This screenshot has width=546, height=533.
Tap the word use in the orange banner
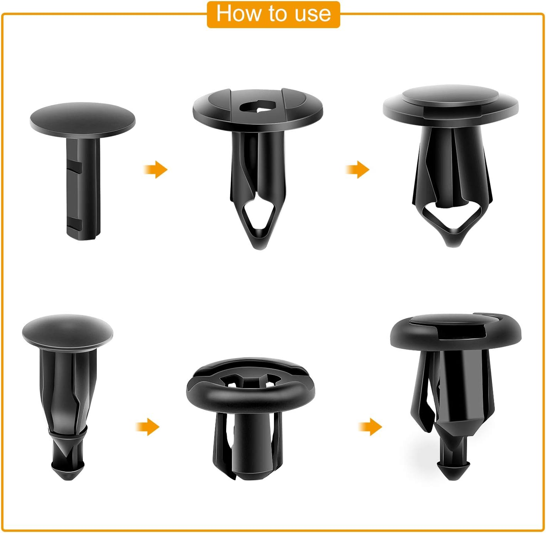[x=312, y=14]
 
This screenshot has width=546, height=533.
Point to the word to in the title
[x=277, y=14]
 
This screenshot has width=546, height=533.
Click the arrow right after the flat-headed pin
[x=156, y=169]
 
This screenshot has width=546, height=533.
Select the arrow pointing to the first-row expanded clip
[x=358, y=169]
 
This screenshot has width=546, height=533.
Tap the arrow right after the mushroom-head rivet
[x=148, y=427]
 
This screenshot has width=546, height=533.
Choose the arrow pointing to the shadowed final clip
[x=370, y=427]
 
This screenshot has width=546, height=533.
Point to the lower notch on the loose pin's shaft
[x=76, y=223]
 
